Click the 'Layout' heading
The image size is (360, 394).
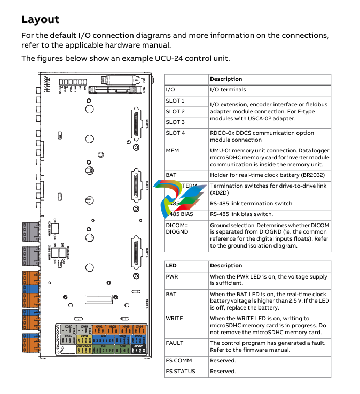[x=40, y=20]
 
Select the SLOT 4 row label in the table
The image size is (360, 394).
[x=175, y=133]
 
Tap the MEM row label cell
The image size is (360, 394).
[x=173, y=151]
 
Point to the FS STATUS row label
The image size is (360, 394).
[x=181, y=372]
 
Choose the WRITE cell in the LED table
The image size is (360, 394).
[x=175, y=319]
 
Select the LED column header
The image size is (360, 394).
[x=171, y=266]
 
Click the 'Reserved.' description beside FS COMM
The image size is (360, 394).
[x=223, y=361]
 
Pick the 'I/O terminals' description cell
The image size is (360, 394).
[x=228, y=90]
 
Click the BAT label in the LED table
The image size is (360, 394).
[x=171, y=295]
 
